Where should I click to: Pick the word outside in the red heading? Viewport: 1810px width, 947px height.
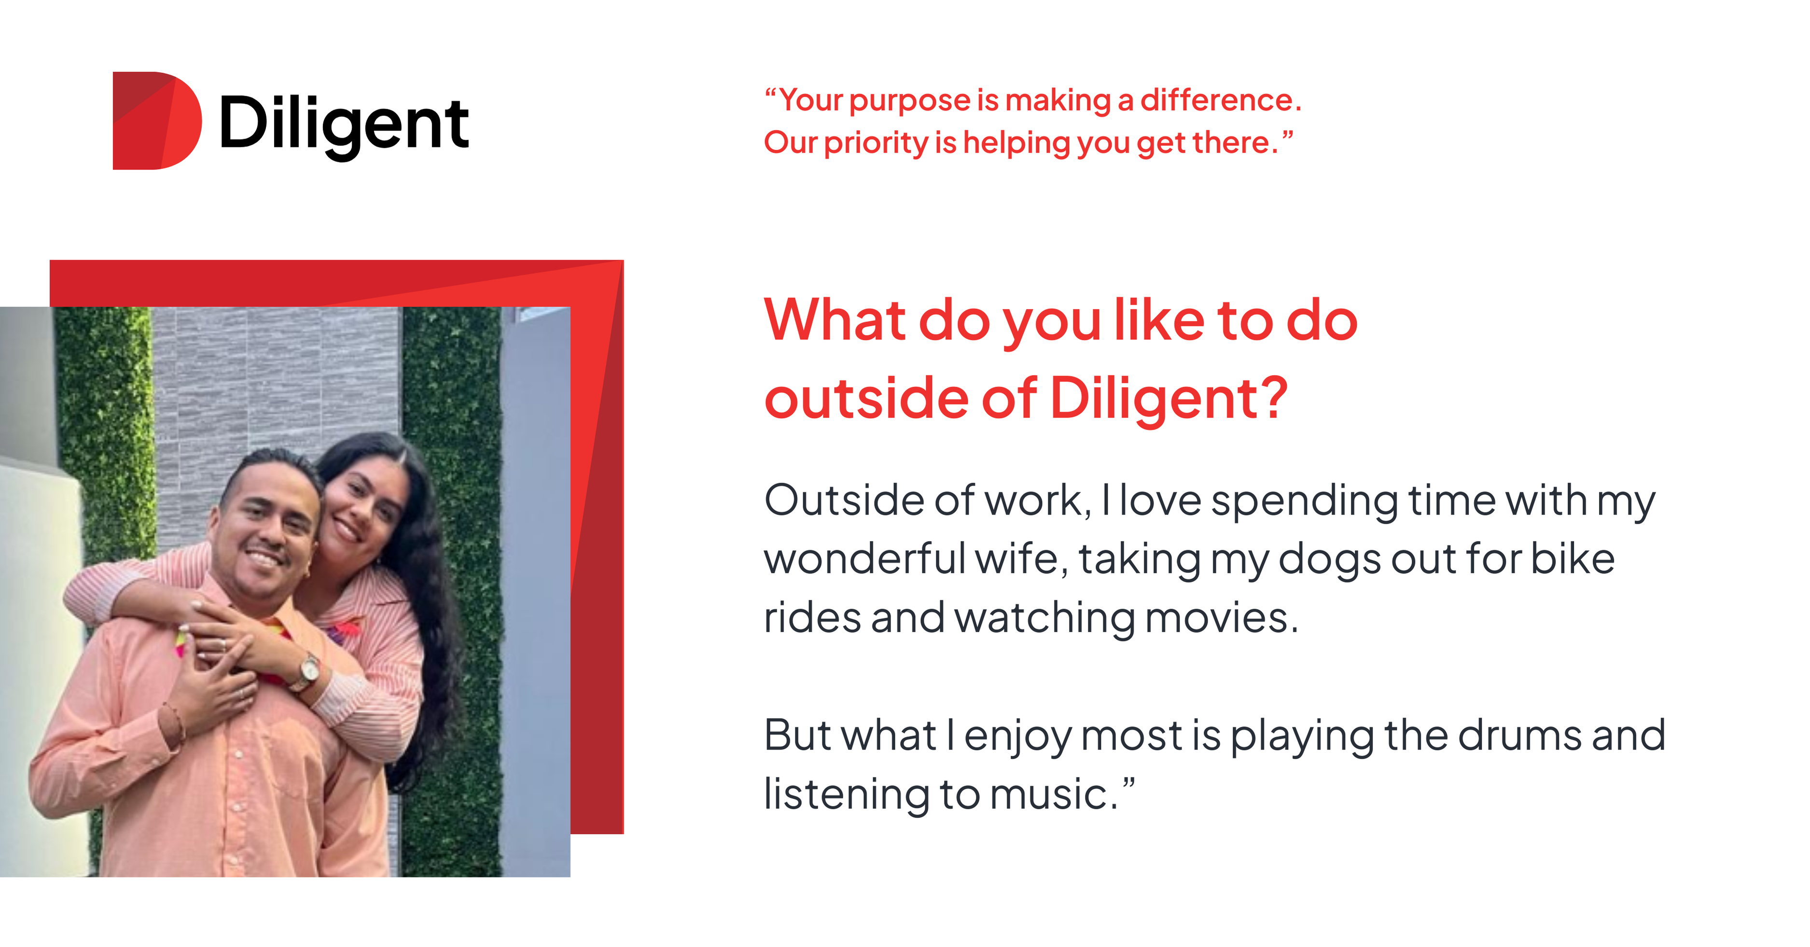(x=865, y=398)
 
